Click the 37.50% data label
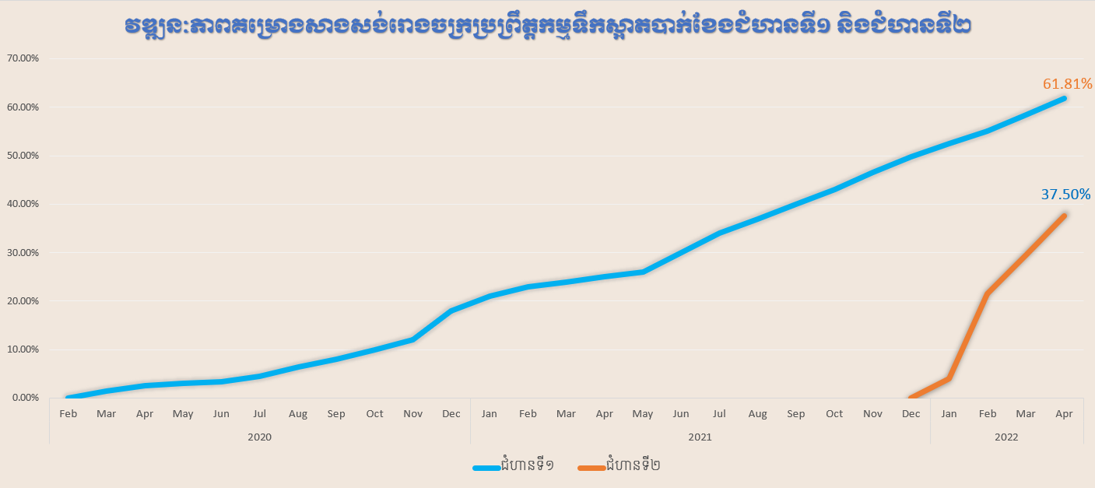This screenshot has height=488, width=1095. coord(1065,194)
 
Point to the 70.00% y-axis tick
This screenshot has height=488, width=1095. coord(23,58)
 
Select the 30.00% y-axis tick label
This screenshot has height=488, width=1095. coord(23,252)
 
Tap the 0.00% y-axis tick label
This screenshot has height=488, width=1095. coord(25,398)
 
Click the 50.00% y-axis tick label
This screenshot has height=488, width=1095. coord(23,156)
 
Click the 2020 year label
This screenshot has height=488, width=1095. coord(259,437)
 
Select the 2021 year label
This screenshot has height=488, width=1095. coord(700,437)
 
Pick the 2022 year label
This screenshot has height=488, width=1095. coord(1006,437)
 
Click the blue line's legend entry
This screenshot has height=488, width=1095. coord(514,466)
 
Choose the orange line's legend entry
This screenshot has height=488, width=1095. coord(619,466)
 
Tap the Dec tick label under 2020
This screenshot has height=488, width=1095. coord(451,414)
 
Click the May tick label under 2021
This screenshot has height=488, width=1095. coord(643,414)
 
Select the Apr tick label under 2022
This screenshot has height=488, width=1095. coord(1064,414)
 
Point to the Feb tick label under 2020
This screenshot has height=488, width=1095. coord(68,414)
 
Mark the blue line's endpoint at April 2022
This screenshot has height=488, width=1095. coord(1064,98)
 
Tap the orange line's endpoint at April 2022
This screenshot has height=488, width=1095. coord(1064,216)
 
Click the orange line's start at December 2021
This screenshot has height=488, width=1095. coord(911,398)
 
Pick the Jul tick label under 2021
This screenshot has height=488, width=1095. coord(719,414)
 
